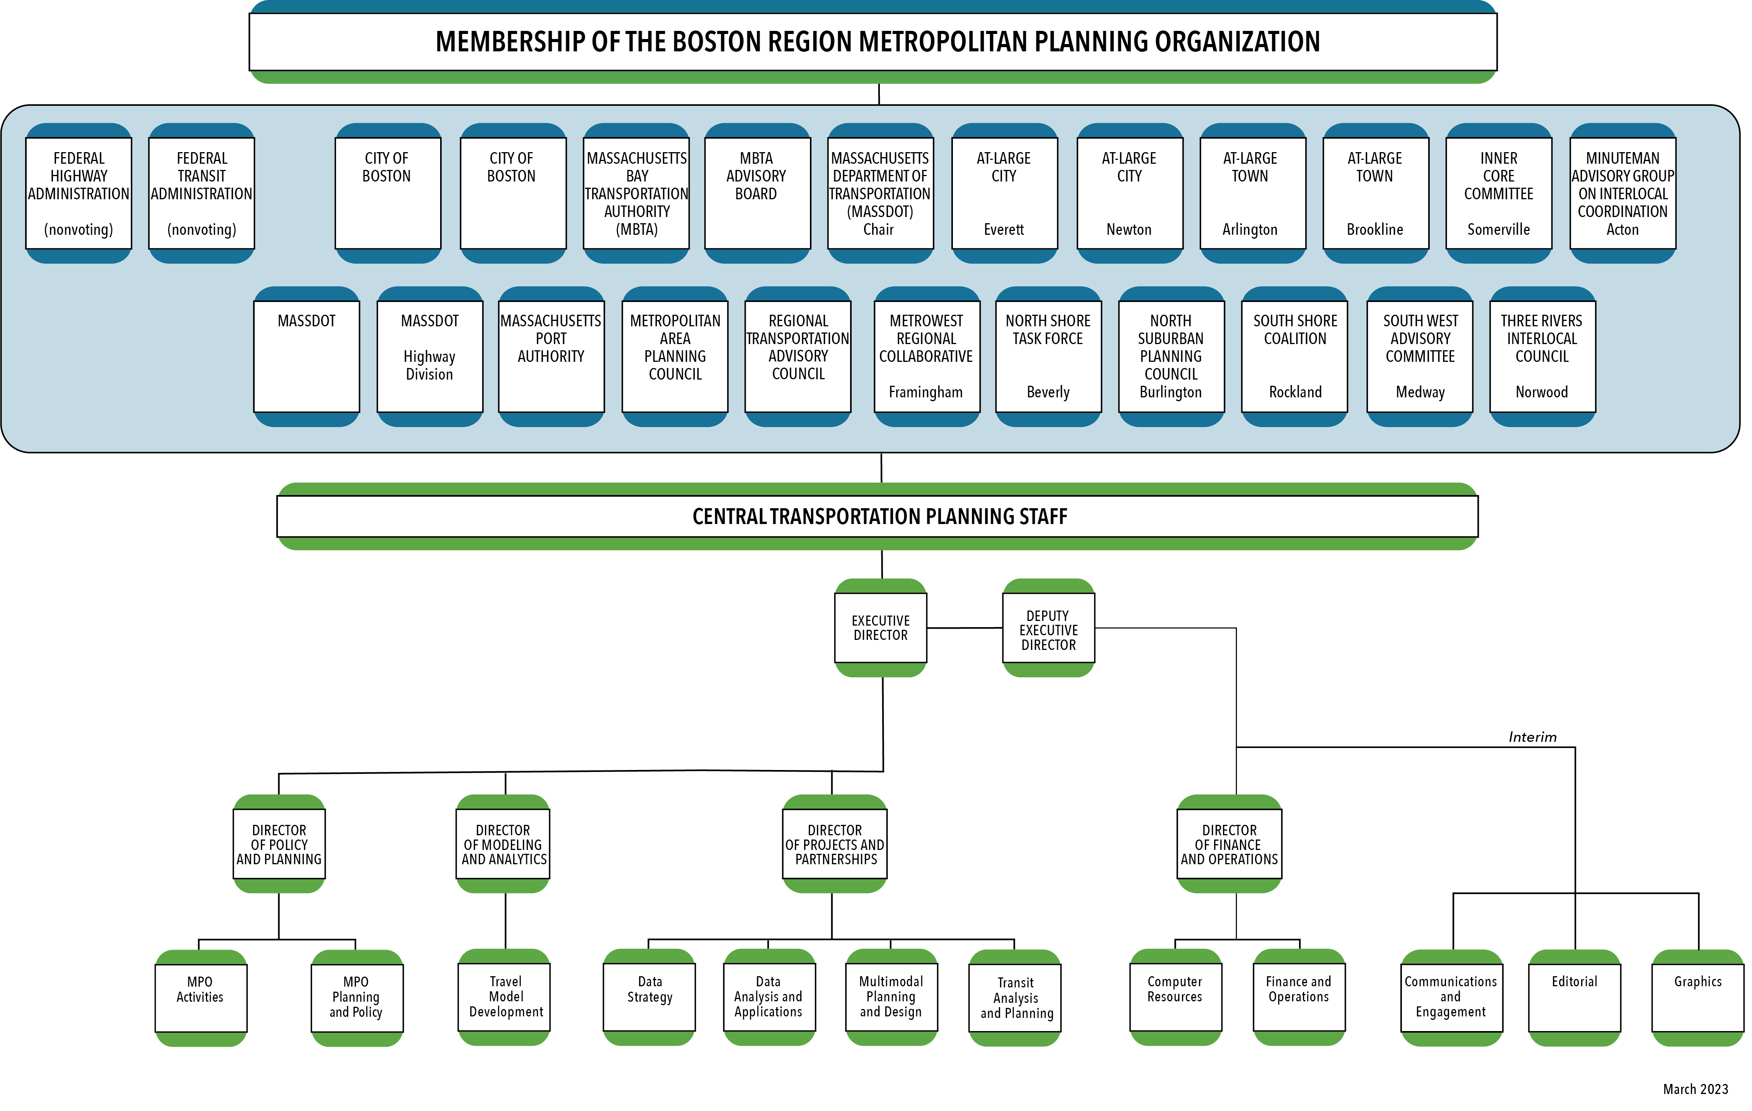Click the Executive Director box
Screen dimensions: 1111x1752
pyautogui.click(x=880, y=628)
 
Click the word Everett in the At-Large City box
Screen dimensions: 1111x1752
pyautogui.click(x=1004, y=230)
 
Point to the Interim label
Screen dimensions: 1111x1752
pyautogui.click(x=1532, y=737)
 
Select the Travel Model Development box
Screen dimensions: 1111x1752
pyautogui.click(x=505, y=996)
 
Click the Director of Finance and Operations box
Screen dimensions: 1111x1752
pyautogui.click(x=1229, y=844)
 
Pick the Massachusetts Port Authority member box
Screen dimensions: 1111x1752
pyautogui.click(x=551, y=356)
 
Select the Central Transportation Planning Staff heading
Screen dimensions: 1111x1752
pyautogui.click(x=879, y=516)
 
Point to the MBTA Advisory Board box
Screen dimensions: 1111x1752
pyautogui.click(x=757, y=193)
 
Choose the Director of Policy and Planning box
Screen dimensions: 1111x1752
pyautogui.click(x=279, y=844)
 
